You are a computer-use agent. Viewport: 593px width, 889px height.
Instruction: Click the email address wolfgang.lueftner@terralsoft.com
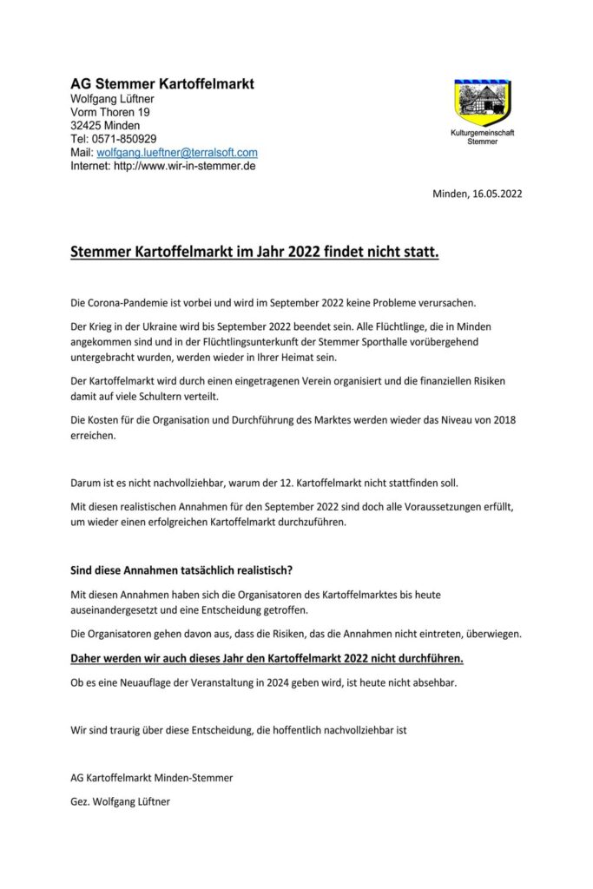point(177,152)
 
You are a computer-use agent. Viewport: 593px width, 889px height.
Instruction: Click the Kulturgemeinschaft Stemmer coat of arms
point(482,103)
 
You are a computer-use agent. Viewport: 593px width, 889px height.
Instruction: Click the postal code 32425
point(84,125)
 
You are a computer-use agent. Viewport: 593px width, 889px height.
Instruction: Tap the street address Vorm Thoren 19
point(109,112)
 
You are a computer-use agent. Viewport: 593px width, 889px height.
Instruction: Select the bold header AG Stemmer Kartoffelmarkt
point(161,84)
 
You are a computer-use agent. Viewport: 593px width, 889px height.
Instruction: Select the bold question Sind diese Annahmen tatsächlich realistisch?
point(181,570)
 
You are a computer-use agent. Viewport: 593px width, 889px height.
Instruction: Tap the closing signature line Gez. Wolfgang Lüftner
point(120,802)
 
